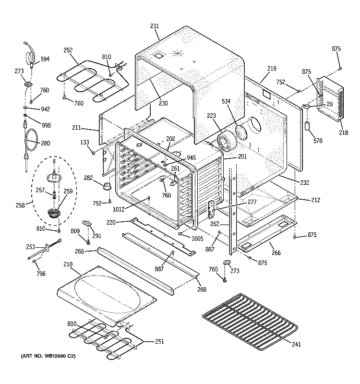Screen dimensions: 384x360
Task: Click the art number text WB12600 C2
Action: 48,358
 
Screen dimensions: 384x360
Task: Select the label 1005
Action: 197,239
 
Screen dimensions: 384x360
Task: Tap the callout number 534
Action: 227,101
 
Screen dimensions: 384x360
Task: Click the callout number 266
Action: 276,252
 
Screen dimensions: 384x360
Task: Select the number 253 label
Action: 30,247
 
